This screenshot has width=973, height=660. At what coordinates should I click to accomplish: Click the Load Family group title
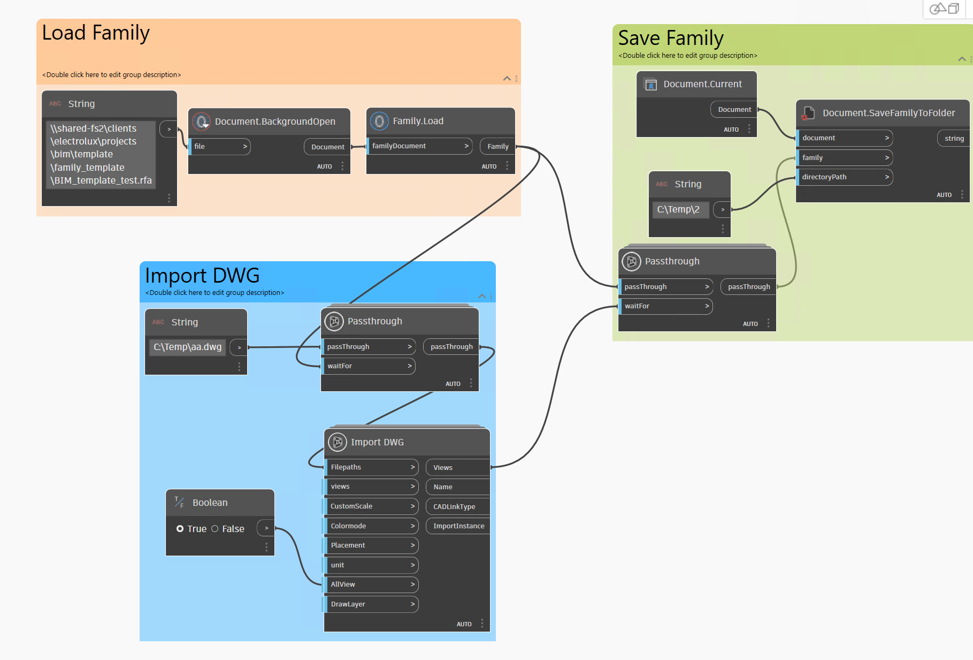[96, 33]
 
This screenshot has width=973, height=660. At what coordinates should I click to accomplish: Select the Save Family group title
[670, 39]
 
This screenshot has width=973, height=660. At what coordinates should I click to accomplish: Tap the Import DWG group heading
[202, 276]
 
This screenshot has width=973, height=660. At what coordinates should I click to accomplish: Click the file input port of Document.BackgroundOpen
[220, 147]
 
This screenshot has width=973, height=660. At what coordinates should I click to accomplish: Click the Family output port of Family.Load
[497, 147]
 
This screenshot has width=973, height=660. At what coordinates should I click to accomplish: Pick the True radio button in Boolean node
[180, 529]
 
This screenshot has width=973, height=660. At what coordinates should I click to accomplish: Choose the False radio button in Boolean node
[215, 529]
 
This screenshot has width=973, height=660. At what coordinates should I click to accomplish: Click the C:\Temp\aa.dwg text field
[187, 347]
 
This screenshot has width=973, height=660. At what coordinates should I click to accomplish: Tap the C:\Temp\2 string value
[678, 210]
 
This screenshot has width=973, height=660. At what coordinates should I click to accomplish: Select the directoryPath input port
[844, 177]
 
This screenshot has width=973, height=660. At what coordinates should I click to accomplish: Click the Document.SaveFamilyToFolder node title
[888, 113]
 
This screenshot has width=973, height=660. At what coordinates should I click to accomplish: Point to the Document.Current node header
[702, 84]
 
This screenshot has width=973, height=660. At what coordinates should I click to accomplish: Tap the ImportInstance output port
[458, 526]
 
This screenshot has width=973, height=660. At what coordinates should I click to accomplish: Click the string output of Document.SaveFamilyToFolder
[954, 139]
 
